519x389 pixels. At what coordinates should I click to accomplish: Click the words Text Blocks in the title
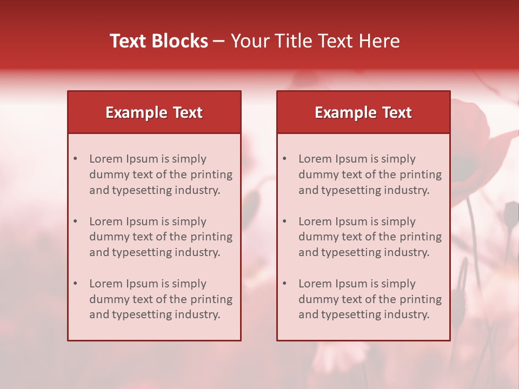pyautogui.click(x=159, y=41)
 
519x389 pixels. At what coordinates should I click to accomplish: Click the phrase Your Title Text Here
pyautogui.click(x=315, y=41)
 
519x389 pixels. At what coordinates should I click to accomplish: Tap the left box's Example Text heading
pyautogui.click(x=154, y=112)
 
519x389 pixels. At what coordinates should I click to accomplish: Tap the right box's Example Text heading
pyautogui.click(x=363, y=112)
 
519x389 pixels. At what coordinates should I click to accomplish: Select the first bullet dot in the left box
pyautogui.click(x=75, y=159)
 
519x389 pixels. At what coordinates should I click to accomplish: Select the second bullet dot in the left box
pyautogui.click(x=75, y=222)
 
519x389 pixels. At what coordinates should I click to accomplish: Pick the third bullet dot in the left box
pyautogui.click(x=75, y=284)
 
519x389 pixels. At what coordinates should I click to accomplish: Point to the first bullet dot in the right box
pyautogui.click(x=284, y=159)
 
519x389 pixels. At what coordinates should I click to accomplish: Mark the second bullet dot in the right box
pyautogui.click(x=284, y=222)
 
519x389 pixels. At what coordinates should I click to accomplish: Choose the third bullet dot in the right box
pyautogui.click(x=284, y=284)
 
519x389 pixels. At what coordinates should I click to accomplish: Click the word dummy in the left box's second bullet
pyautogui.click(x=107, y=237)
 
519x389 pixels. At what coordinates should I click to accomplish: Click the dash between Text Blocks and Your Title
pyautogui.click(x=219, y=42)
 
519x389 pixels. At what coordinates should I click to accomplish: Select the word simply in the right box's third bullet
pyautogui.click(x=398, y=284)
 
